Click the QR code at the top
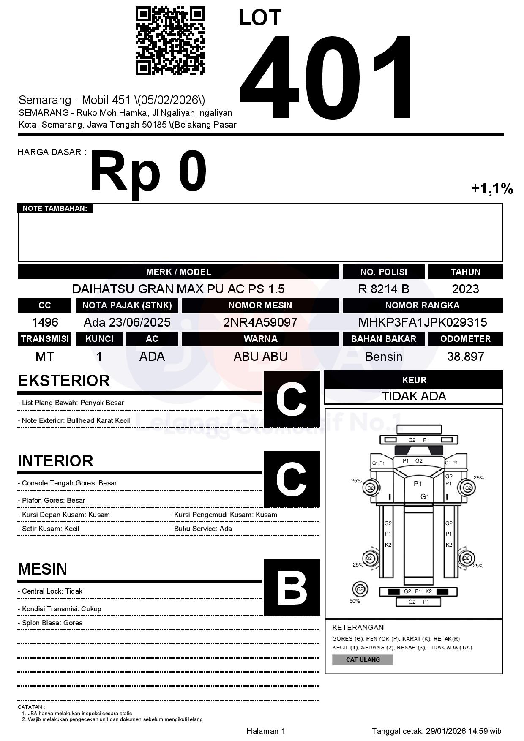(170, 41)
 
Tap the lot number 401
(325, 78)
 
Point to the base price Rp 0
(148, 172)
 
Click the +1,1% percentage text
(492, 188)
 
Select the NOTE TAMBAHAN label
(55, 208)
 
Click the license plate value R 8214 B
(384, 289)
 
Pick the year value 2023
(465, 289)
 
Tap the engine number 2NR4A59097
(260, 322)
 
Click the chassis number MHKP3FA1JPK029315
(423, 322)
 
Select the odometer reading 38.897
(465, 357)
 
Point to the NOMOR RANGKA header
(423, 305)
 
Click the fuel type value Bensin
(384, 357)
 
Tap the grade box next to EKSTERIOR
(291, 399)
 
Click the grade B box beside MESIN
(291, 588)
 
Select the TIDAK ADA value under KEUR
(414, 396)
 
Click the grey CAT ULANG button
(363, 659)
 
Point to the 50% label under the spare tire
(355, 601)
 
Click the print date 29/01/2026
(446, 731)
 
